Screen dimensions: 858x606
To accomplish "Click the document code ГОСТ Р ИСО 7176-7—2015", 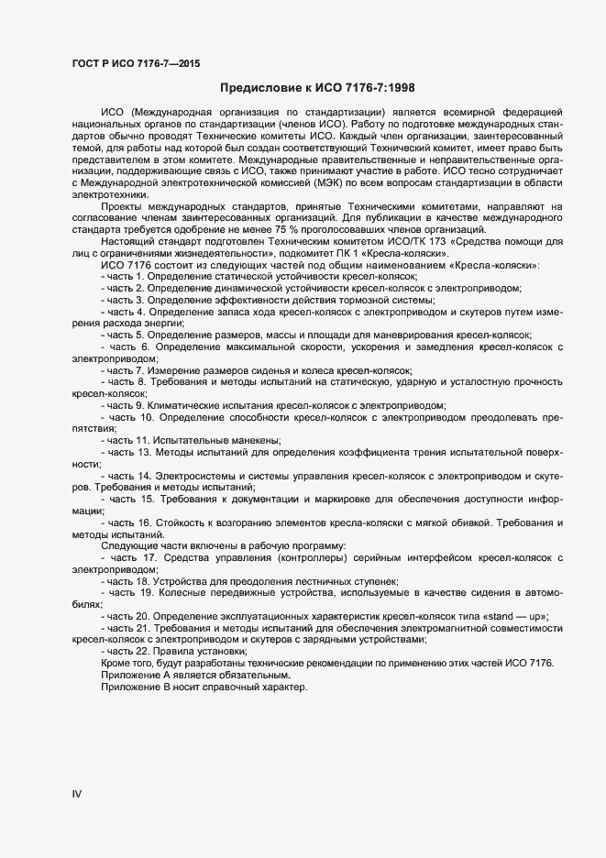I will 136,63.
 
